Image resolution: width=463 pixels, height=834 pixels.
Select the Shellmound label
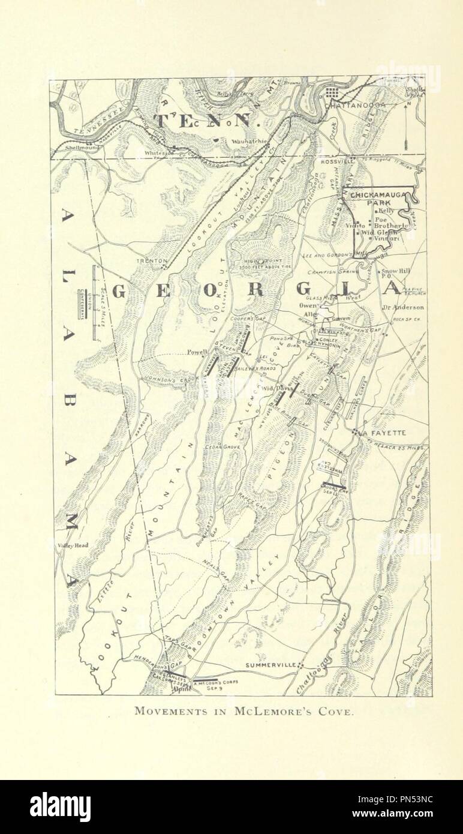84,148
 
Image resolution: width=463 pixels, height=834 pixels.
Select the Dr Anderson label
403,309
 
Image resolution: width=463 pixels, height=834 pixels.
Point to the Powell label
197,352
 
